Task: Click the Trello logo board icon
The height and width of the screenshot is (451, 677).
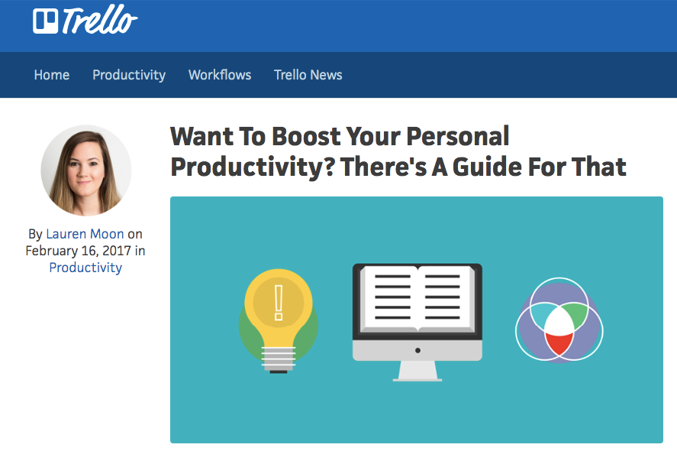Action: click(x=45, y=21)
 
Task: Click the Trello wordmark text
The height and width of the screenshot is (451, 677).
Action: click(x=100, y=19)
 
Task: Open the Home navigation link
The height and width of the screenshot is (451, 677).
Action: click(x=52, y=75)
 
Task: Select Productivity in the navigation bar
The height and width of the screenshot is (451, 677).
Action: click(x=129, y=75)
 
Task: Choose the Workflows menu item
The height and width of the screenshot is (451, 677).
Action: click(x=220, y=75)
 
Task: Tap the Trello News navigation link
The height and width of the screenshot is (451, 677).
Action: click(x=308, y=75)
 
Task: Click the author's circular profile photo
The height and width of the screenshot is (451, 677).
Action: click(x=86, y=170)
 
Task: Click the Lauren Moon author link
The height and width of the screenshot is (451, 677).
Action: click(x=85, y=234)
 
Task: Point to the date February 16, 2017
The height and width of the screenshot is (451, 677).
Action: click(x=78, y=251)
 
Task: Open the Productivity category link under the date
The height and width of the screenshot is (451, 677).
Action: click(x=85, y=268)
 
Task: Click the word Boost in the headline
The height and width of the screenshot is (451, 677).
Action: click(x=306, y=136)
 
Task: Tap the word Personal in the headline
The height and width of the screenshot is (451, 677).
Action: click(x=458, y=136)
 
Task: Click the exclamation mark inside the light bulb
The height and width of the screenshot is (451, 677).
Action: click(x=279, y=303)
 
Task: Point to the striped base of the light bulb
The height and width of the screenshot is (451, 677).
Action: click(x=279, y=359)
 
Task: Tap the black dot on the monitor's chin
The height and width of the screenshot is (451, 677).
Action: click(x=417, y=350)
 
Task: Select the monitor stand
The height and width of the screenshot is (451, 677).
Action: click(x=417, y=371)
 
